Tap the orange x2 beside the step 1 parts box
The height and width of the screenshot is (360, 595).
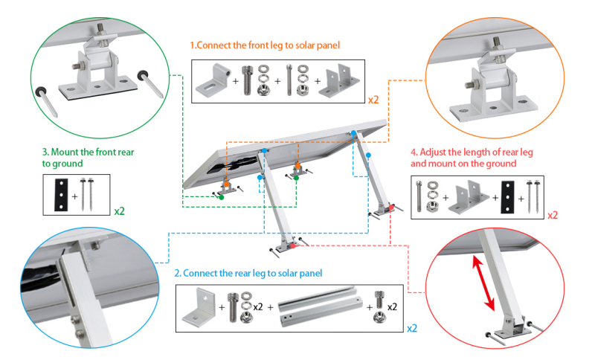coord(374,98)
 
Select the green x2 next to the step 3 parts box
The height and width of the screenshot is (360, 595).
coord(120,210)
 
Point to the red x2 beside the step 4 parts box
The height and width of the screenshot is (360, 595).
coord(553,215)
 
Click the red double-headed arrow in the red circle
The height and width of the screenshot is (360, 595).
coord(483,281)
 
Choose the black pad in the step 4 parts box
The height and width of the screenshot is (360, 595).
coord(507,196)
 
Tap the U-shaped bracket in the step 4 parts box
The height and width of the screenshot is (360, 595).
coord(470,196)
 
